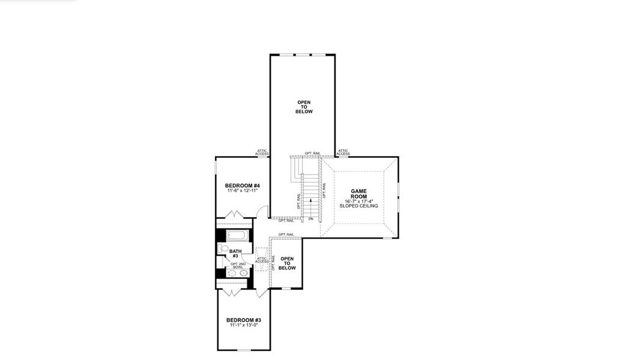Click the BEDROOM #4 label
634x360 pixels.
click(x=242, y=185)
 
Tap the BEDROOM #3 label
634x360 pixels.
click(x=243, y=320)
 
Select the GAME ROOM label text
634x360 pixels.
click(x=359, y=193)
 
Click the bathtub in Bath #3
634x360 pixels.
click(x=236, y=235)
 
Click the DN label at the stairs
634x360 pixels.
click(x=310, y=219)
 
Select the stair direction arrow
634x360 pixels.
click(x=310, y=200)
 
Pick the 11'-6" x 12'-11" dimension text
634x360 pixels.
click(x=242, y=191)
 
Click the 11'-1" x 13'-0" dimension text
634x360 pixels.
click(x=243, y=325)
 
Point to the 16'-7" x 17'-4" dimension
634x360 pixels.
click(x=359, y=201)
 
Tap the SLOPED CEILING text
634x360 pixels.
click(x=359, y=206)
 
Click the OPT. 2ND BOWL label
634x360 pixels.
click(x=238, y=265)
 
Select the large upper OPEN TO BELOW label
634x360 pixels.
click(x=304, y=107)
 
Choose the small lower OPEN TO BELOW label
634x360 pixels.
click(x=287, y=264)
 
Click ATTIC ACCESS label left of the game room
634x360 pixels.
click(x=343, y=152)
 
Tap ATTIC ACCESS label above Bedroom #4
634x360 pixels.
click(x=262, y=152)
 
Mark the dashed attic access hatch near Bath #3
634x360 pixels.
click(x=262, y=259)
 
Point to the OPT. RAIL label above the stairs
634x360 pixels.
click(x=312, y=153)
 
